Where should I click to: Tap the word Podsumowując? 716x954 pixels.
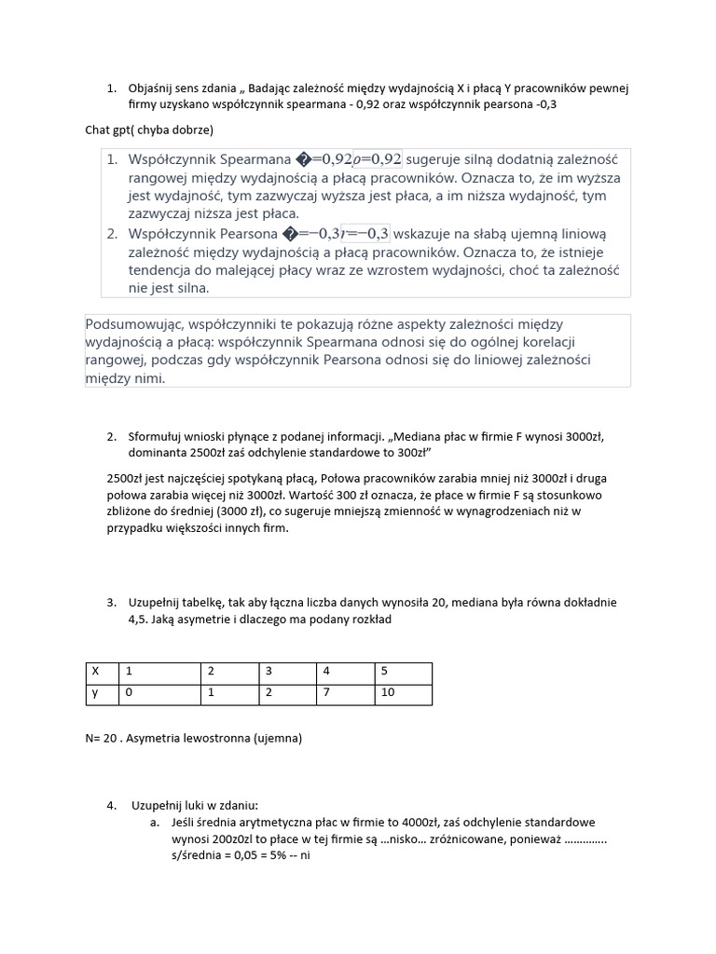tap(134, 324)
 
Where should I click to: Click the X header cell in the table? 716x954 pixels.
tap(93, 672)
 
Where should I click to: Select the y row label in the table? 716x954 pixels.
tap(93, 694)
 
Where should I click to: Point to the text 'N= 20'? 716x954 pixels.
tap(103, 739)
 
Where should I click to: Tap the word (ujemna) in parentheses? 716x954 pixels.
tap(280, 739)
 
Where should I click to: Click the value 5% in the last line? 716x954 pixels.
tap(267, 855)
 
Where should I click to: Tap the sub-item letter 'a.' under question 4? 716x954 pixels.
tap(155, 822)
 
